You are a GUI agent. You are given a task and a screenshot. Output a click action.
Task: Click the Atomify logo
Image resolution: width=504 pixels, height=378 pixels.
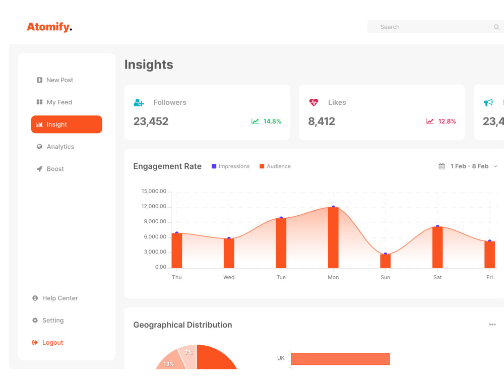tap(49, 27)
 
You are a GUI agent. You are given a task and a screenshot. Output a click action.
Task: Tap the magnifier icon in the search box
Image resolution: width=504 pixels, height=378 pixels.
tap(496, 27)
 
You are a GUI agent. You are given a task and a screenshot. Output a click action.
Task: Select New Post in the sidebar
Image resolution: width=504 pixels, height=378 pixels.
tap(55, 80)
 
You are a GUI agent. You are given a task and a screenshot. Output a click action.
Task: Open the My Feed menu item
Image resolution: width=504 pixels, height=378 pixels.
tap(54, 102)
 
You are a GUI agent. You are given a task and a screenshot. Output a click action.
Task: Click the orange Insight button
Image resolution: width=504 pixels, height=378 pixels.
tap(67, 124)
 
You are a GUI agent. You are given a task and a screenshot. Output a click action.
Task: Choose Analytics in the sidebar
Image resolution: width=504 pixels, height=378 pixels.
tap(55, 147)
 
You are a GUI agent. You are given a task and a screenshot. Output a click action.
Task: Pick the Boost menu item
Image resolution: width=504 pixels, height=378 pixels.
tap(50, 169)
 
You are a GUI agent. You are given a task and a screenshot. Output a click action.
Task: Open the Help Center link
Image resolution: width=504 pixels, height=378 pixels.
tap(55, 298)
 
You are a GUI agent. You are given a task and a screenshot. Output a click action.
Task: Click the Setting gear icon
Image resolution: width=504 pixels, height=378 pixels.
tap(35, 321)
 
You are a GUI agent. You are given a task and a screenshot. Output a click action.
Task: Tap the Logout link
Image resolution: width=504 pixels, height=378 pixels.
tap(47, 343)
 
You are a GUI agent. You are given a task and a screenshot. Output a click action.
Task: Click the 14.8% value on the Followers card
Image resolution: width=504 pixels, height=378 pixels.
tap(272, 121)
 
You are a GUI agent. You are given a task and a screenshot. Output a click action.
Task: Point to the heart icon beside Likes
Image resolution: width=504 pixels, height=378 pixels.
tap(313, 102)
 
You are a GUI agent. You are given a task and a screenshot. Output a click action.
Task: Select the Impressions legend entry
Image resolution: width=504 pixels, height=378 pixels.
tap(230, 166)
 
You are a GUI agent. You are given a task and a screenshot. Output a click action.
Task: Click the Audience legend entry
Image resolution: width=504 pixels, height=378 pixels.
tap(275, 166)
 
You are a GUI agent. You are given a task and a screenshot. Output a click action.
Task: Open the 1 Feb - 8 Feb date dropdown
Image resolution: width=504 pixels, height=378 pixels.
tap(468, 166)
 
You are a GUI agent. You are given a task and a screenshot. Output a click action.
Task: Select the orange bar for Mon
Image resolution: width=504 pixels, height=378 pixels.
tap(333, 237)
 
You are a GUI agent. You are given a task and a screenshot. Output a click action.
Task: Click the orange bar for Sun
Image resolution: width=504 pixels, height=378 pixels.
tap(385, 261)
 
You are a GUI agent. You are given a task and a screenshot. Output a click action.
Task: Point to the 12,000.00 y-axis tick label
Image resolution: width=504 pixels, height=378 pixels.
tap(154, 206)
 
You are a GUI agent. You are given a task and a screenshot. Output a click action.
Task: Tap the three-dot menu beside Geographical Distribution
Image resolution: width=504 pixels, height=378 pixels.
tap(492, 325)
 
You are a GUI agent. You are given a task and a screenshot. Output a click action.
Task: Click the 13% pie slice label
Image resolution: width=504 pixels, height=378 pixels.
tap(169, 364)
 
